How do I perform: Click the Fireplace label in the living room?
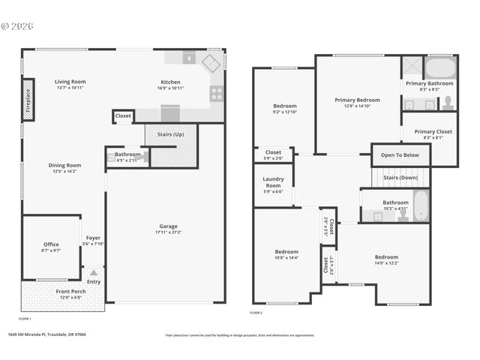(x=28, y=100)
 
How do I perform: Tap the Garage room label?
(x=168, y=226)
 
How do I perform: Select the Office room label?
(x=51, y=244)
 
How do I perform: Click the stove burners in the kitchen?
(x=216, y=94)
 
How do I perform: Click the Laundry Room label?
(x=273, y=182)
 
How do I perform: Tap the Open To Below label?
(x=400, y=155)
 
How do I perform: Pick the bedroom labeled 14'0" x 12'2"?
(x=386, y=256)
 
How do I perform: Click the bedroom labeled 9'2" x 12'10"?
(x=284, y=106)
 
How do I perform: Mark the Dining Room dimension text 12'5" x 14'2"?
(x=67, y=172)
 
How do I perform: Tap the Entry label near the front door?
(x=94, y=281)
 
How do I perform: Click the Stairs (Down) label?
(x=400, y=178)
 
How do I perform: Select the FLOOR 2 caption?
(x=256, y=312)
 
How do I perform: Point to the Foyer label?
(x=93, y=238)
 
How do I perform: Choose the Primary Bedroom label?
(x=357, y=100)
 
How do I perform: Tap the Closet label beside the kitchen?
(x=123, y=115)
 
